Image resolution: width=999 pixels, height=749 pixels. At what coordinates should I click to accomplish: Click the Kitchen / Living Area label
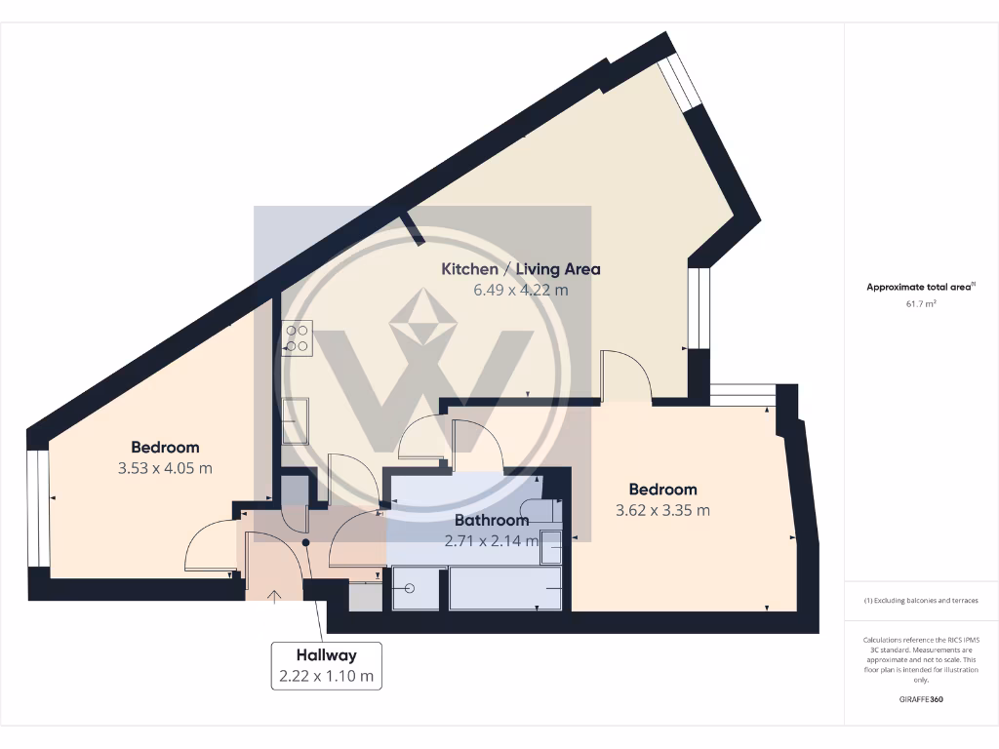521,269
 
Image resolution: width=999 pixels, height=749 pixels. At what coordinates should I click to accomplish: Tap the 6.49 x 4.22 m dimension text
521,290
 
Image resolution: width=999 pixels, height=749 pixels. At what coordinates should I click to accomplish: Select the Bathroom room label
492,520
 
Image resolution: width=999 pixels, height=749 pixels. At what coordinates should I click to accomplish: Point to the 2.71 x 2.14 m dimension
492,540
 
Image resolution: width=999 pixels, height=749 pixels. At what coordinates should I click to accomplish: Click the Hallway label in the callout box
327,655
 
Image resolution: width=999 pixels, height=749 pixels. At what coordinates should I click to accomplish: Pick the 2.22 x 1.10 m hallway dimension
327,675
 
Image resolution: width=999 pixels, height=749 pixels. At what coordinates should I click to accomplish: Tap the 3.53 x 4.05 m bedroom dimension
165,468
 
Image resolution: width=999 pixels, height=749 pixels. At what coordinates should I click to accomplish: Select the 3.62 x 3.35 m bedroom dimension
662,510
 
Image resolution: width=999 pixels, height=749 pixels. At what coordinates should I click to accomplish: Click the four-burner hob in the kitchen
298,337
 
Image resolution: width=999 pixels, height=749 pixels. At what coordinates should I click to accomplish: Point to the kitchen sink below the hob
296,419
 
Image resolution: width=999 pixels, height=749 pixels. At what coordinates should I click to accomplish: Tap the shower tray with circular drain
416,589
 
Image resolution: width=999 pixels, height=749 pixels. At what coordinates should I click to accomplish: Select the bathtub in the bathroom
504,589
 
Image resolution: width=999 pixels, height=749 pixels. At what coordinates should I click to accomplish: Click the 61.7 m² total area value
921,304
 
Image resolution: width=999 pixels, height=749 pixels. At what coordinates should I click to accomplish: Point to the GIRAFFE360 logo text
921,700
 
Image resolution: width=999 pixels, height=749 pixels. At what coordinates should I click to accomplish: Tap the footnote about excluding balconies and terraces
921,600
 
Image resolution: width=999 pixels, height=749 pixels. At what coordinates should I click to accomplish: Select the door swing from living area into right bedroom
625,375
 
